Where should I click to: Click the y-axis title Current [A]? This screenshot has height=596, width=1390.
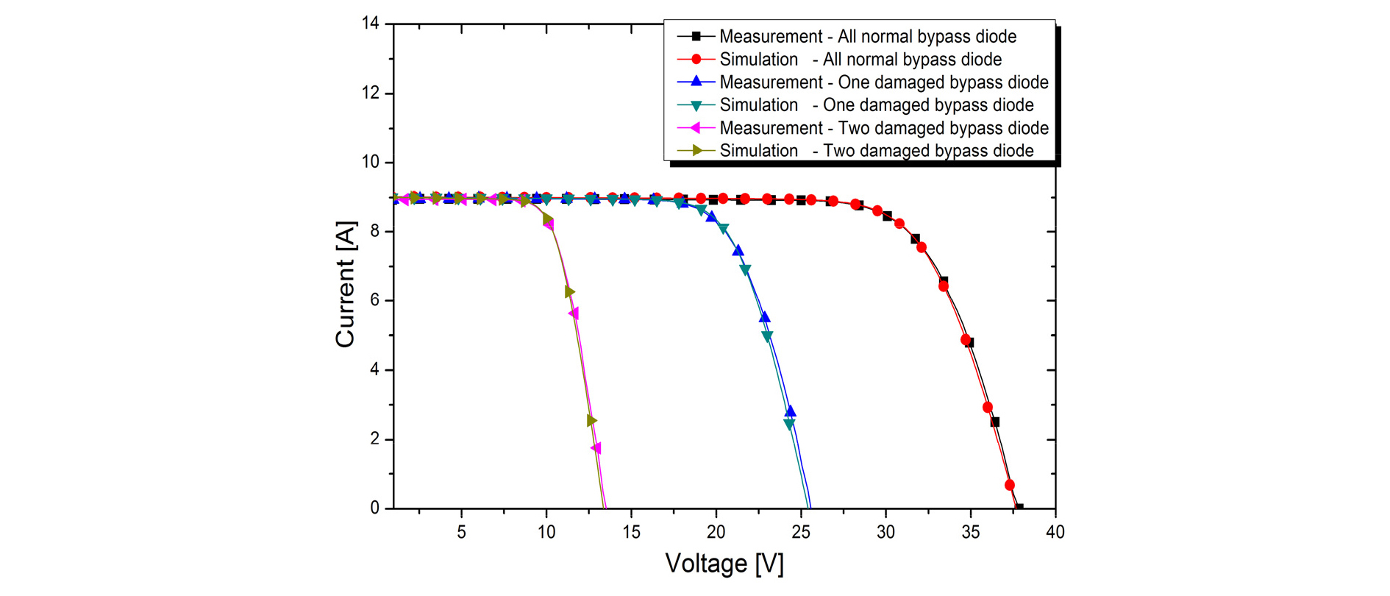coord(345,284)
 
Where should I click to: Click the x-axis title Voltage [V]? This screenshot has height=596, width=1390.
coord(724,564)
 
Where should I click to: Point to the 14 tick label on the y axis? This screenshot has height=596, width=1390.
coord(371,24)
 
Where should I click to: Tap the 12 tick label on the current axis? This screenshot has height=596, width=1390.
coord(371,93)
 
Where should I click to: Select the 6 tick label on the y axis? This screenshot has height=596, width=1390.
coord(375,300)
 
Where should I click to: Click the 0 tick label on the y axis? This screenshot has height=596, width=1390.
coord(375,508)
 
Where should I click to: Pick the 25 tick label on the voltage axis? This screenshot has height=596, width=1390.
coord(801,532)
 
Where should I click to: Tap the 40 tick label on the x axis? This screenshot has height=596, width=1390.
coord(1055,532)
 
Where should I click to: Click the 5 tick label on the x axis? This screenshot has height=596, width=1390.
coord(461,532)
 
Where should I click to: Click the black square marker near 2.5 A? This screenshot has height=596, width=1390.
coord(995,422)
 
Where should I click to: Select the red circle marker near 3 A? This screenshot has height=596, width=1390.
coord(988,407)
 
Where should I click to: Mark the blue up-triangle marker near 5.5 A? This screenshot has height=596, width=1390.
coord(765,317)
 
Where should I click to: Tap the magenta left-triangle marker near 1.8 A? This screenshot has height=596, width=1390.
coord(596,448)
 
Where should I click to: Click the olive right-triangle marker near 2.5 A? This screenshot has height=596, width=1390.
coord(592,421)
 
